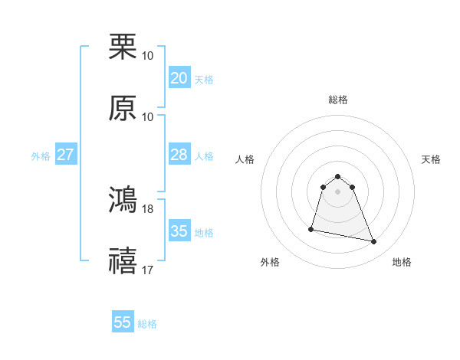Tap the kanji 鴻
[123, 199]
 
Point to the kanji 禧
[123, 260]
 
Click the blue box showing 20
[179, 78]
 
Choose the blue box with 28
[179, 155]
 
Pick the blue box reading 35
[179, 231]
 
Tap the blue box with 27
[66, 155]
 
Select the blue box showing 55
[123, 322]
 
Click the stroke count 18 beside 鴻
[148, 208]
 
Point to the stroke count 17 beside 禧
[148, 270]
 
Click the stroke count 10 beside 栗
[148, 56]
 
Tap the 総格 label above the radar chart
[338, 100]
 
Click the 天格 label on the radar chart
[431, 159]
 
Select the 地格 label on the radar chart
[402, 262]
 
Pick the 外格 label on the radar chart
[271, 262]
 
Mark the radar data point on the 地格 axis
[374, 242]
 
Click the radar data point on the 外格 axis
[311, 228]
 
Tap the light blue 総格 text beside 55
[147, 324]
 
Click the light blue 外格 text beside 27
[41, 156]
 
